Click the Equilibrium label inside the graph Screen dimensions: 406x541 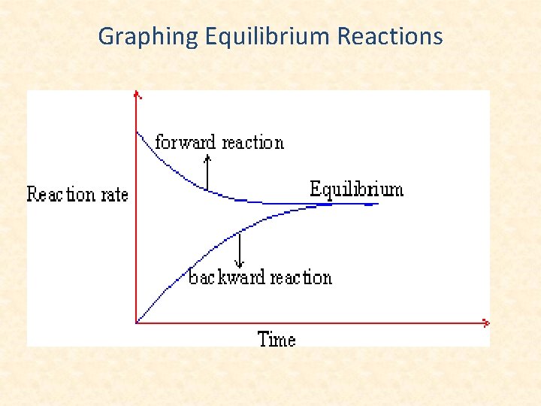click(356, 189)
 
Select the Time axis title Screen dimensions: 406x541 click(277, 339)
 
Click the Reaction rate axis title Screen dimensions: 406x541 click(77, 195)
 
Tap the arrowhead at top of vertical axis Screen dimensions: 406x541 click(137, 94)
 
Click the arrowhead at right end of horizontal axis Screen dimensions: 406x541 click(486, 323)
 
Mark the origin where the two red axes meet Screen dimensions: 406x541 click(137, 323)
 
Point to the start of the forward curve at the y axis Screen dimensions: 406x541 click(138, 133)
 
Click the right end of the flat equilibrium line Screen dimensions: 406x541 click(378, 203)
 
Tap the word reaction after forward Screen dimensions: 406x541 click(252, 142)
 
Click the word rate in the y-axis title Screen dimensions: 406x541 click(114, 195)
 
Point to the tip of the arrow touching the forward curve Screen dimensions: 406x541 click(207, 189)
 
